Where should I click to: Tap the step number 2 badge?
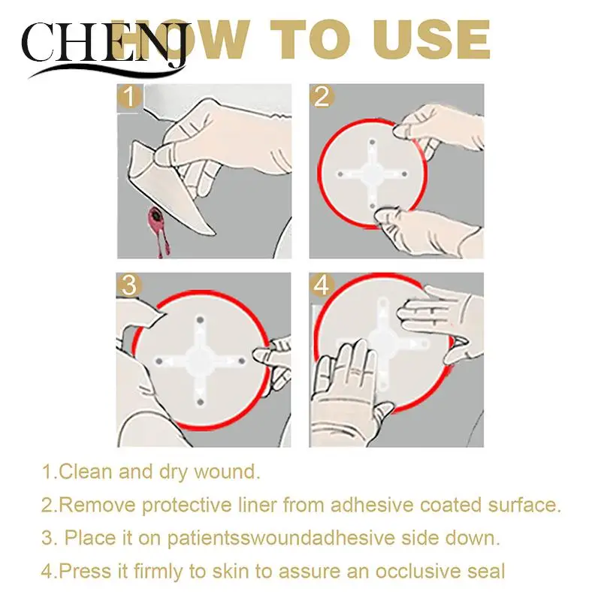click(x=322, y=97)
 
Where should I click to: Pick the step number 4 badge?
click(x=322, y=286)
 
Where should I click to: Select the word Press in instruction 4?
click(x=80, y=571)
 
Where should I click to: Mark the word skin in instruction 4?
click(x=220, y=571)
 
